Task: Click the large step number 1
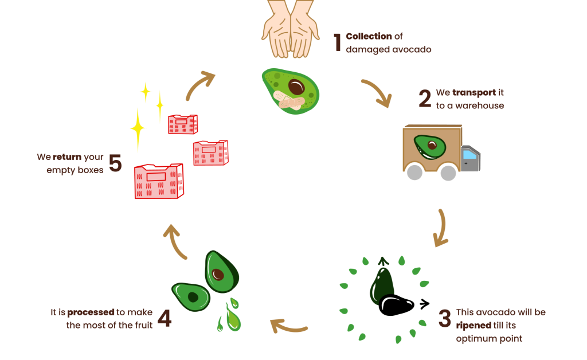[x=338, y=43]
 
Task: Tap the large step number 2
[x=425, y=99]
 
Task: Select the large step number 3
[x=445, y=319]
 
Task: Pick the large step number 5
[x=115, y=163]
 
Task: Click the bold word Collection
[x=369, y=37]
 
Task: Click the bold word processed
[x=91, y=312]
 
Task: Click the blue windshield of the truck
[x=469, y=154]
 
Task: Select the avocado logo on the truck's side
[x=431, y=147]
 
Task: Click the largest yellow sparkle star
[x=138, y=128]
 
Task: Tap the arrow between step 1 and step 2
[x=377, y=93]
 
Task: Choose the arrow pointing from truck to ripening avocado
[x=441, y=228]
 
